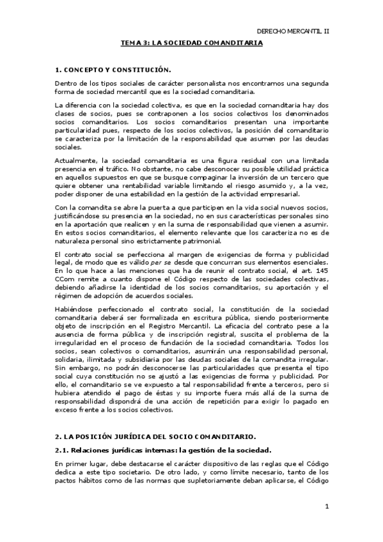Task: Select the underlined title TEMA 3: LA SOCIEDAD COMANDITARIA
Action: point(192,43)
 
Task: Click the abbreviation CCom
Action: point(64,280)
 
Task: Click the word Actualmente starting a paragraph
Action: point(77,160)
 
